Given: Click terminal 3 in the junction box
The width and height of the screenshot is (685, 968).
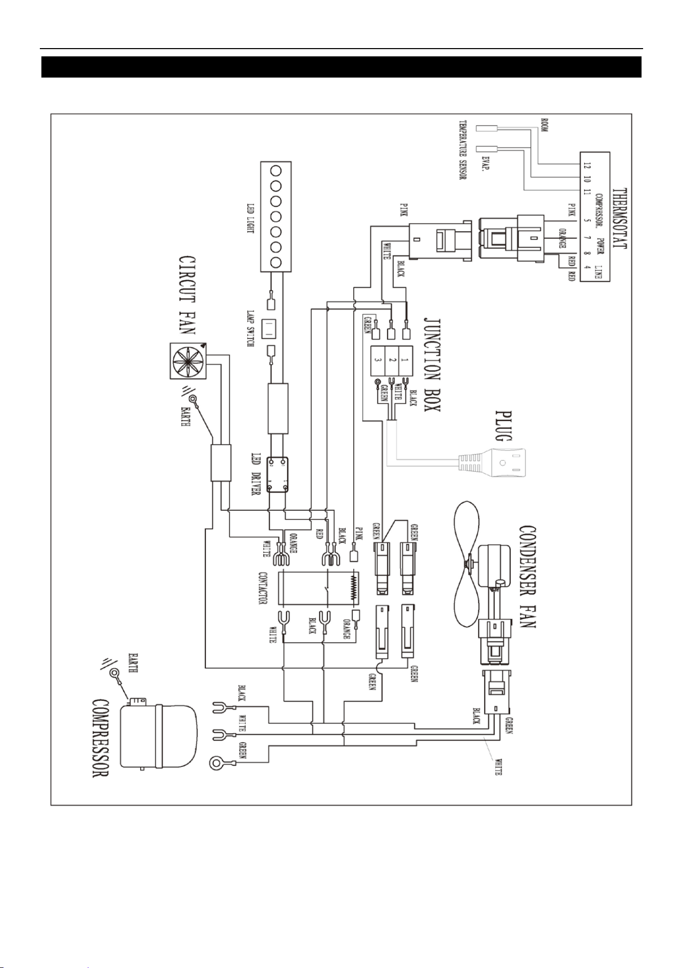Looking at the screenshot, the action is click(x=378, y=360).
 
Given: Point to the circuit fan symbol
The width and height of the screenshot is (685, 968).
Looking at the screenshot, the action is click(x=188, y=360).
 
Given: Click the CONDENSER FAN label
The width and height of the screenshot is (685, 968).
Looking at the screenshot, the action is click(x=527, y=577).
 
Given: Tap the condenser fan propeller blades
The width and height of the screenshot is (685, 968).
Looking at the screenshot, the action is click(x=465, y=563).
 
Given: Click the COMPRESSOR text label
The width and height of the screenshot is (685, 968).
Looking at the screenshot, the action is click(x=100, y=738).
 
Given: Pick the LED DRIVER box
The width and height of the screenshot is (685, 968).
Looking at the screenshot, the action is click(x=277, y=475).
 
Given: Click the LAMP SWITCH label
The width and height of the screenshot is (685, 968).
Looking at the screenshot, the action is click(x=250, y=328).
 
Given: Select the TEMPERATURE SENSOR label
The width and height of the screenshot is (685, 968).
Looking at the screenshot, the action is click(x=463, y=151).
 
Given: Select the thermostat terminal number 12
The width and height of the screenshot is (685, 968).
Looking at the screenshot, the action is click(x=586, y=165).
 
